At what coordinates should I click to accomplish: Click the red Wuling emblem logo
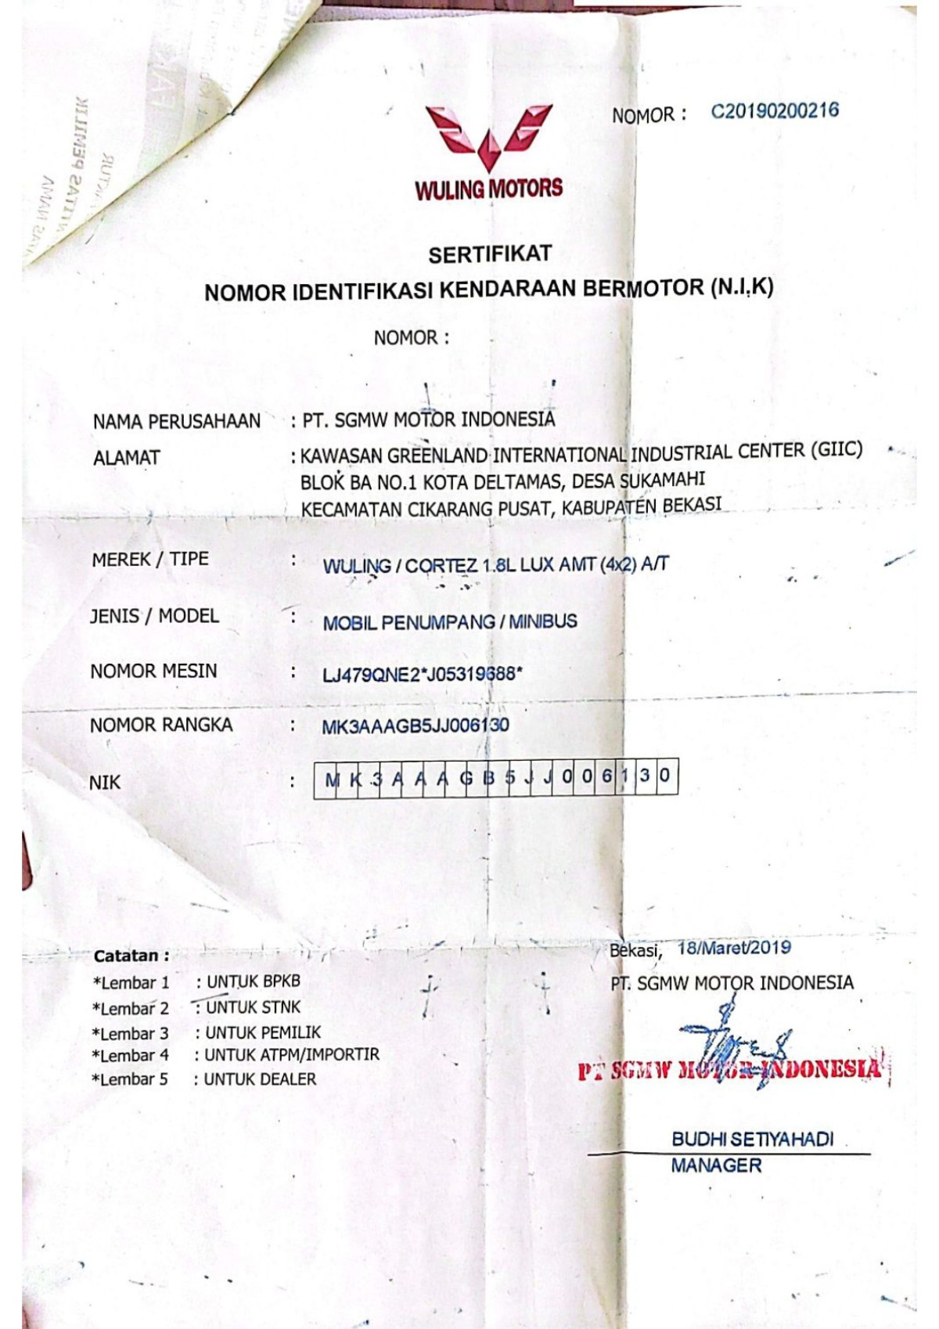point(489,137)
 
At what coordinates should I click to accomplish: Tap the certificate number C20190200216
point(774,110)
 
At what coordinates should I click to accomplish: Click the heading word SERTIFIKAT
point(490,254)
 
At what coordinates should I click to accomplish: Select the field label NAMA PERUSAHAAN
point(176,422)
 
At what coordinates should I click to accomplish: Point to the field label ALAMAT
point(126,458)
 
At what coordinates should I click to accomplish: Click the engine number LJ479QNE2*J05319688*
point(422,674)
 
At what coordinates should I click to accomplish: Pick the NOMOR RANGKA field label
point(160,726)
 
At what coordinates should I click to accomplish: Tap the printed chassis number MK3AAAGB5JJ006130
point(415,726)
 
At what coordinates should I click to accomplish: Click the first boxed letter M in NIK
point(333,779)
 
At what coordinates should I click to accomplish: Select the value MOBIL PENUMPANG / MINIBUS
point(450,623)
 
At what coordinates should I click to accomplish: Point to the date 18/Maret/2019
point(734,948)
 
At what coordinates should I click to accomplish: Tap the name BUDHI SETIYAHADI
point(752,1139)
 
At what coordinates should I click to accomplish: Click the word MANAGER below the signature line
point(716,1165)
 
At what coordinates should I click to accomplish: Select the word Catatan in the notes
point(127,956)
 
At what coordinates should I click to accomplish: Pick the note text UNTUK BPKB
point(253,981)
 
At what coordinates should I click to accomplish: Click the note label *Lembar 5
point(130,1079)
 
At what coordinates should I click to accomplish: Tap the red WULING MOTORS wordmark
point(489,189)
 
